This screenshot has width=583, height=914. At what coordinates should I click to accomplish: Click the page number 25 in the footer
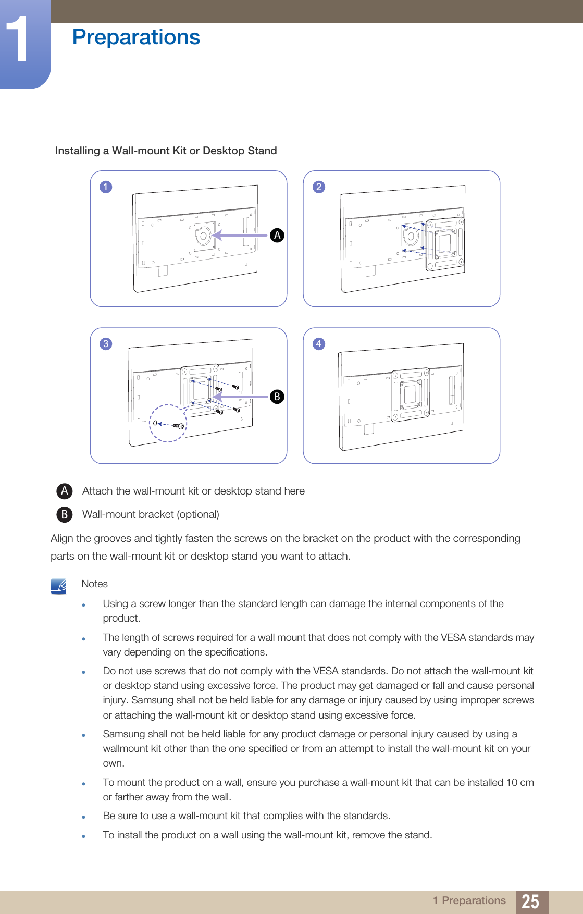tap(531, 901)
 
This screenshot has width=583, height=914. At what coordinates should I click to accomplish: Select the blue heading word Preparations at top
tap(136, 37)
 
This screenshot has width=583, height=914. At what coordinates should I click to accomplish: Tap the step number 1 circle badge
tap(106, 187)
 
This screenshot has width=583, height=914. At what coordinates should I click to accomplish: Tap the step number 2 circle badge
tap(319, 187)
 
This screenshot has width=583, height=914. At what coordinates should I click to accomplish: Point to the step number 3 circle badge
tap(106, 344)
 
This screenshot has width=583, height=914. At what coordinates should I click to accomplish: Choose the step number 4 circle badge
tap(319, 344)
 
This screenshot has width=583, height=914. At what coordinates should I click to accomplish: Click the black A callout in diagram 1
tap(277, 235)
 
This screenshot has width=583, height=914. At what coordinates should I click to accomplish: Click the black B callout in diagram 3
tap(277, 397)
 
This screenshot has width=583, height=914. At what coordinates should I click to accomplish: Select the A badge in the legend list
tap(65, 491)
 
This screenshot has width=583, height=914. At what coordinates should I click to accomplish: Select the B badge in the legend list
tap(65, 514)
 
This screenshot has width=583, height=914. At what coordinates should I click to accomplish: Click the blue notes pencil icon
tap(59, 586)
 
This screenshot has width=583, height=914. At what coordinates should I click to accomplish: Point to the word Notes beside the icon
tap(94, 584)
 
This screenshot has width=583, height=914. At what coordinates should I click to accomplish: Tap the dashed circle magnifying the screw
tap(168, 424)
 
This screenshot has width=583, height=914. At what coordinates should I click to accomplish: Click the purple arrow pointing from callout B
tap(240, 397)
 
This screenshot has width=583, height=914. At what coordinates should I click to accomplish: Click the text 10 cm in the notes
tap(520, 783)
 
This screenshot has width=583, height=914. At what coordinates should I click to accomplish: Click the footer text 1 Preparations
tap(469, 901)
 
